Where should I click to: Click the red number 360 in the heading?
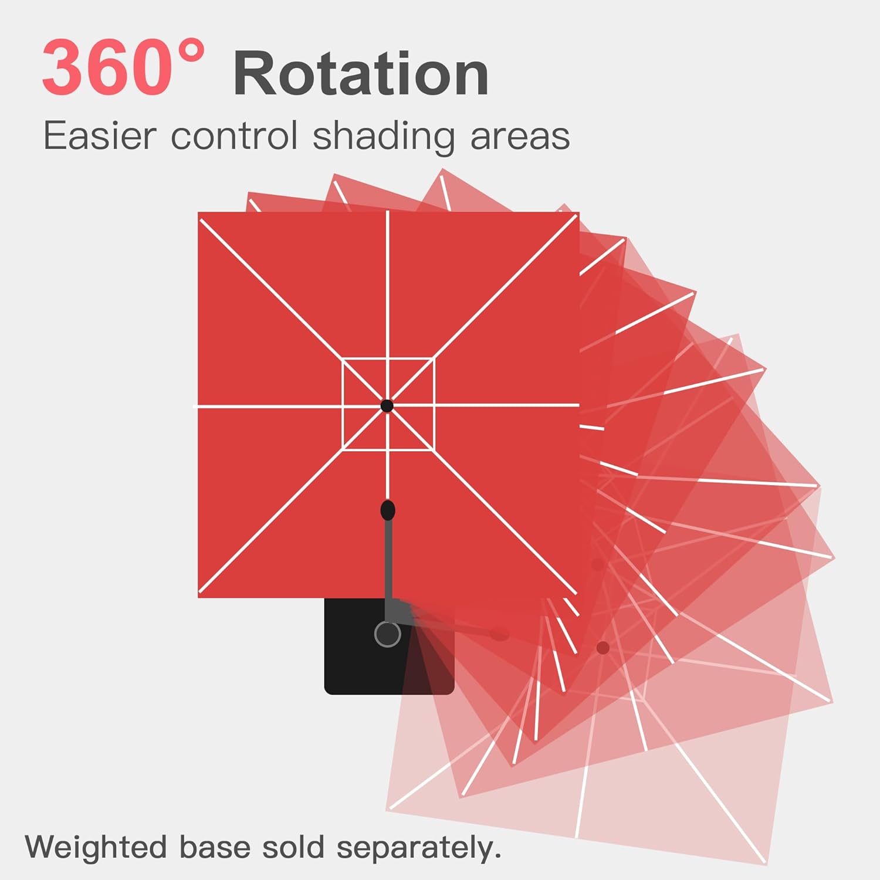pos(106,67)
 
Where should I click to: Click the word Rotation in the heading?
pos(361,74)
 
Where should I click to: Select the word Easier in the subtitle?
pos(100,136)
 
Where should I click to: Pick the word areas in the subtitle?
pos(520,137)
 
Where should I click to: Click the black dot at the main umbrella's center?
pos(387,405)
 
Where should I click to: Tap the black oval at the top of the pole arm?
pos(388,510)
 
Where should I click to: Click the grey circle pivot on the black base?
pos(387,634)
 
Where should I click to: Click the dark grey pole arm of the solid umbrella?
pos(388,563)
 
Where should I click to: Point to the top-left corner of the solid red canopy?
pos(199,214)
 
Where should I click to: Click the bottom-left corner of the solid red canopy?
pos(199,596)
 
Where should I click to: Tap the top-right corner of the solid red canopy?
pos(578,214)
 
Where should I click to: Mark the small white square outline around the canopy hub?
pos(343,405)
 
